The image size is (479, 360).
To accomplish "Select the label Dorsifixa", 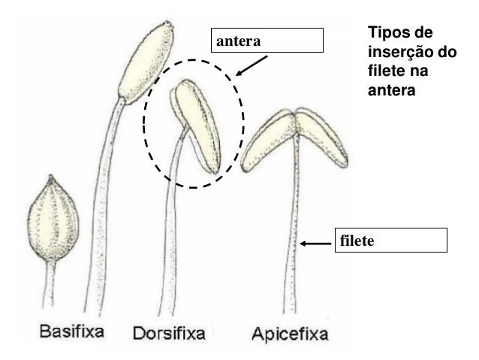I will click(x=169, y=332).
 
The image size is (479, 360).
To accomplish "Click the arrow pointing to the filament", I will click(x=316, y=243).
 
